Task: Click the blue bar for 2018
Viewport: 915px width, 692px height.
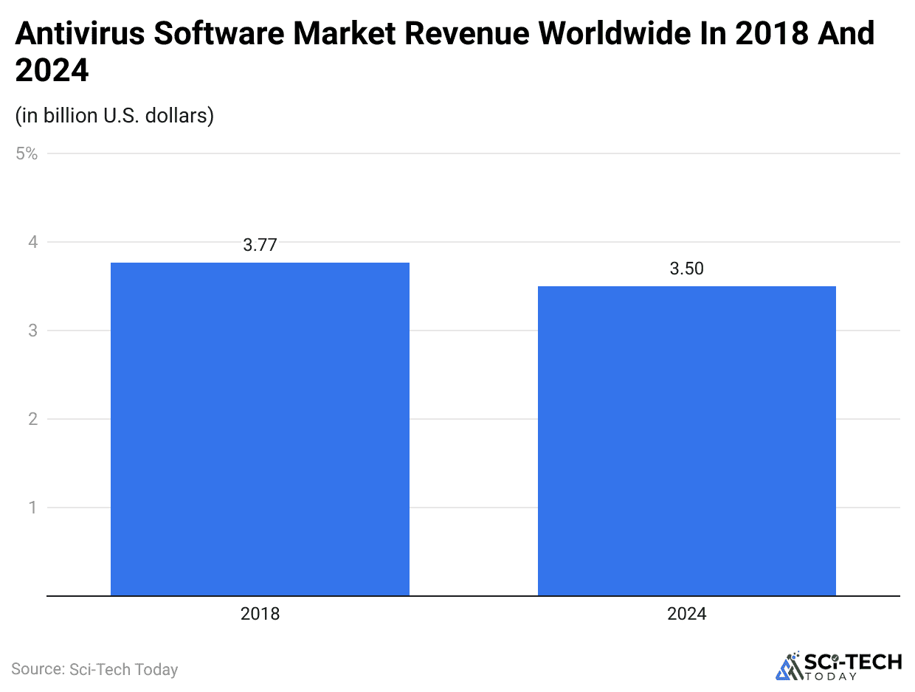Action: pos(260,429)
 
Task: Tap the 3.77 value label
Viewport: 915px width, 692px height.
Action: pos(260,246)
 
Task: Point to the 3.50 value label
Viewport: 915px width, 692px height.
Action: pos(686,269)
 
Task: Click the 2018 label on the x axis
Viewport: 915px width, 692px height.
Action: pos(260,614)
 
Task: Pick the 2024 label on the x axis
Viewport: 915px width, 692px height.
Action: pos(686,614)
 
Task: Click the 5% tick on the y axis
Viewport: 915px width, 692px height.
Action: pos(27,153)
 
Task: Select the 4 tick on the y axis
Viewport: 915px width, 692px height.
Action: pos(32,242)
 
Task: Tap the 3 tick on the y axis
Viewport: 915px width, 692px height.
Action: pos(32,331)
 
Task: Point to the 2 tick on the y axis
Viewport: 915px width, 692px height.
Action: pos(32,419)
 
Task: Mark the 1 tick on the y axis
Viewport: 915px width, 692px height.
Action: pos(32,508)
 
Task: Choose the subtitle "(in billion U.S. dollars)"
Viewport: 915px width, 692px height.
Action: pos(114,116)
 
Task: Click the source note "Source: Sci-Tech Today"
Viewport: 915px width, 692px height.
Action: pos(94,670)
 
